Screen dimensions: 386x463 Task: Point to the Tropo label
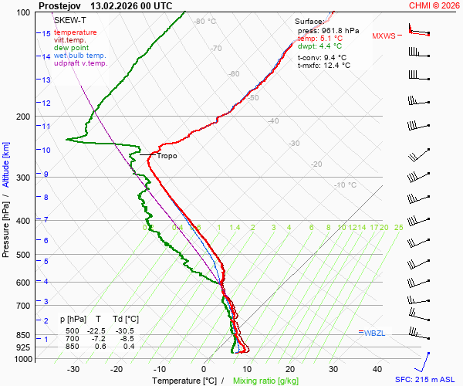(167, 156)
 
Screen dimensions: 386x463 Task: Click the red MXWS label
(384, 36)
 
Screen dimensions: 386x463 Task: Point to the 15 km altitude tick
(46, 34)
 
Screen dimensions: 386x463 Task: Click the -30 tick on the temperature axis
(73, 369)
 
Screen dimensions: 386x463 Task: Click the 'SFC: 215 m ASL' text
(428, 380)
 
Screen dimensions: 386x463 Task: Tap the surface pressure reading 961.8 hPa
(339, 30)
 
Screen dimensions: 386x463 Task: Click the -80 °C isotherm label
(205, 22)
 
